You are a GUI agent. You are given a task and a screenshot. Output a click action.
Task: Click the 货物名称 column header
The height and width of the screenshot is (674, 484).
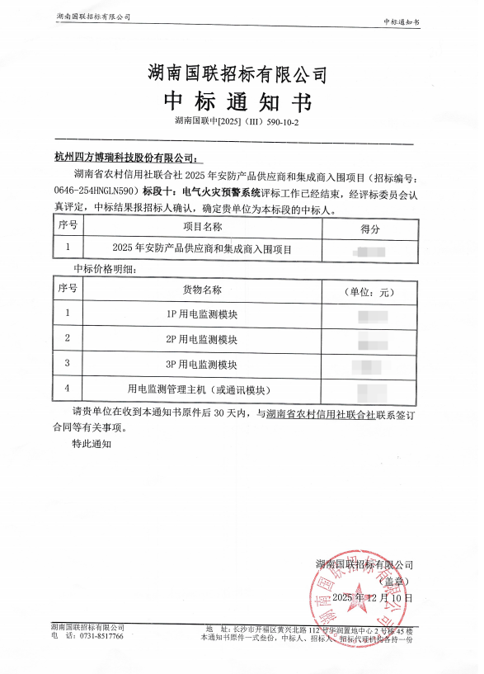201,290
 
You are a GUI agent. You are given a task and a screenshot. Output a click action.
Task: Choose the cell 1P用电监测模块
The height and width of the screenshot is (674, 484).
201,314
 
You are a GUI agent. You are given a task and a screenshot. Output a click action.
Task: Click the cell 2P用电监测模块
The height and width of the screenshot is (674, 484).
201,339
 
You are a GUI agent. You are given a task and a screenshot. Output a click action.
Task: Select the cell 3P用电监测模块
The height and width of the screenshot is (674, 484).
201,364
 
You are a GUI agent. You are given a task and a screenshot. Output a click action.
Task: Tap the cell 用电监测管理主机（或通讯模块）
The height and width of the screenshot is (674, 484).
201,389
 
